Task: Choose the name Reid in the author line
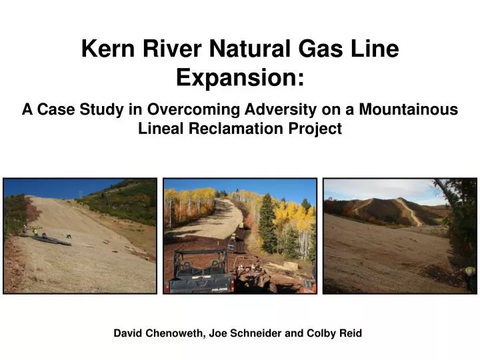click(x=351, y=333)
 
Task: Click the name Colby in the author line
click(x=321, y=333)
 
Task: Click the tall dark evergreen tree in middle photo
click(x=267, y=223)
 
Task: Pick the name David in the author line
click(x=129, y=333)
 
